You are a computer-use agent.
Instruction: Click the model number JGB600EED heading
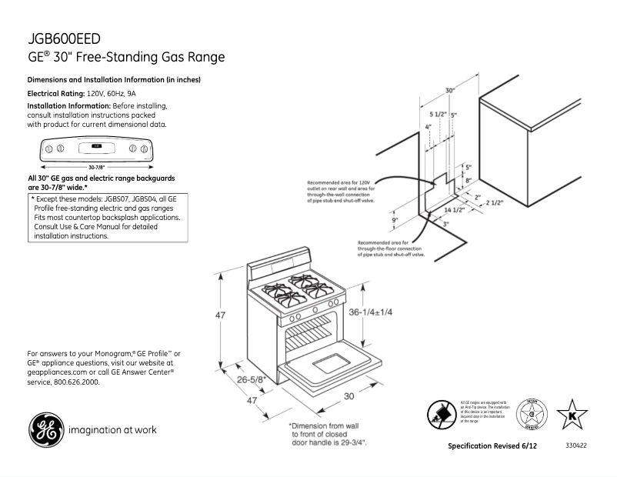pos(65,39)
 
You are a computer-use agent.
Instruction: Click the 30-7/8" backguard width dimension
pos(97,166)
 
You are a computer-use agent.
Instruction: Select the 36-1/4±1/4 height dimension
pos(371,312)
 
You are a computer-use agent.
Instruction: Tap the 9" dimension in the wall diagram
pos(395,221)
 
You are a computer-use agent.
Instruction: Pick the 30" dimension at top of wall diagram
pos(449,91)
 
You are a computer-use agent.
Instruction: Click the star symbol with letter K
pos(572,415)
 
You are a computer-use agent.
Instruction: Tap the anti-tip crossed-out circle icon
pos(441,417)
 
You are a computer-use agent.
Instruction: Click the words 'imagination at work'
pos(113,430)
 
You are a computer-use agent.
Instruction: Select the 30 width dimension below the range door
pos(348,396)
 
